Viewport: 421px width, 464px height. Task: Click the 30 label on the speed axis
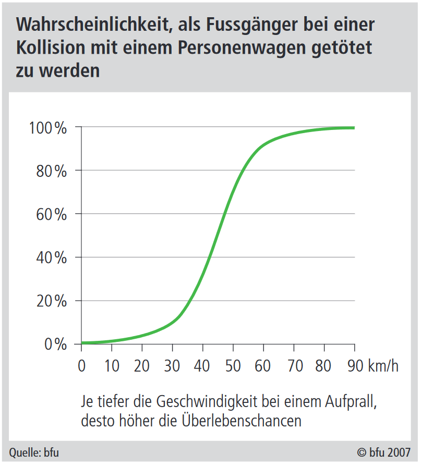pos(172,366)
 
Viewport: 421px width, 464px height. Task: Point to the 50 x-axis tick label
pos(233,366)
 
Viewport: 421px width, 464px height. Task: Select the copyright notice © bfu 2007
pos(383,453)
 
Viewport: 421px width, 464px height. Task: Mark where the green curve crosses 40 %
pos(210,257)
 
